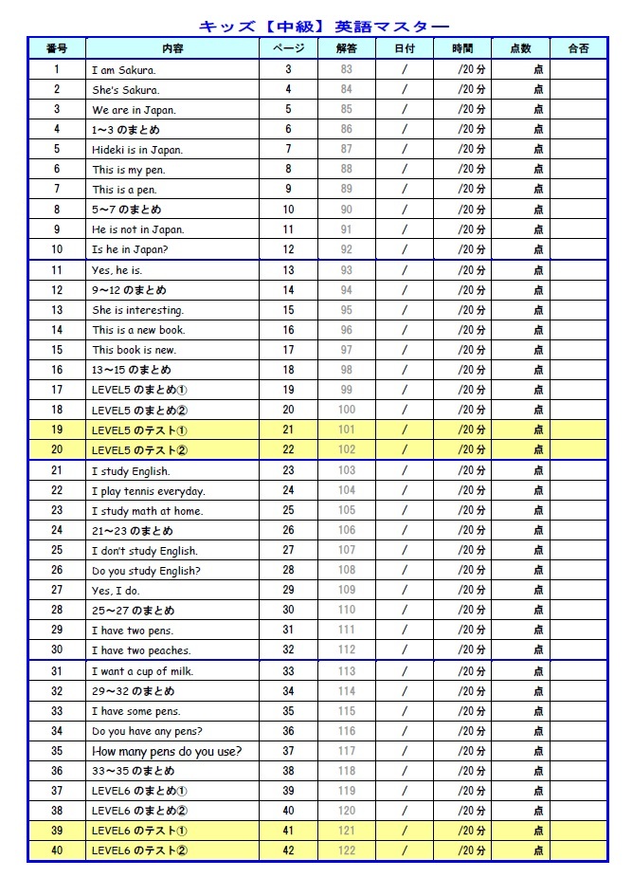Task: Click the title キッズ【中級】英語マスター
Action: click(324, 27)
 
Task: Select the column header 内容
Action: click(172, 49)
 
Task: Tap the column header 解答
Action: click(347, 49)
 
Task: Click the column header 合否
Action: click(577, 49)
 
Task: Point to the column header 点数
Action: click(520, 49)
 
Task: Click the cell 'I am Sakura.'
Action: click(124, 70)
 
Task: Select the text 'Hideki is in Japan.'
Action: click(137, 150)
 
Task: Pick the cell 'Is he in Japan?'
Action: click(132, 250)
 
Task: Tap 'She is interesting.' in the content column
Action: click(138, 310)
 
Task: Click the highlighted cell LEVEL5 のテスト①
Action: click(139, 430)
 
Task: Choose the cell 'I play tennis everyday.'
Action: click(148, 491)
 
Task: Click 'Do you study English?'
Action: click(146, 571)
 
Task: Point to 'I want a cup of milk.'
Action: click(142, 671)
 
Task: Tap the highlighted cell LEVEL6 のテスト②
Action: click(139, 850)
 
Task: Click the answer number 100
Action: click(347, 410)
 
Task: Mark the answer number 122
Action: click(347, 850)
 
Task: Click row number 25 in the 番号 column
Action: click(57, 551)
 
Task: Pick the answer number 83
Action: click(347, 70)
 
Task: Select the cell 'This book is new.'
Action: click(134, 350)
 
